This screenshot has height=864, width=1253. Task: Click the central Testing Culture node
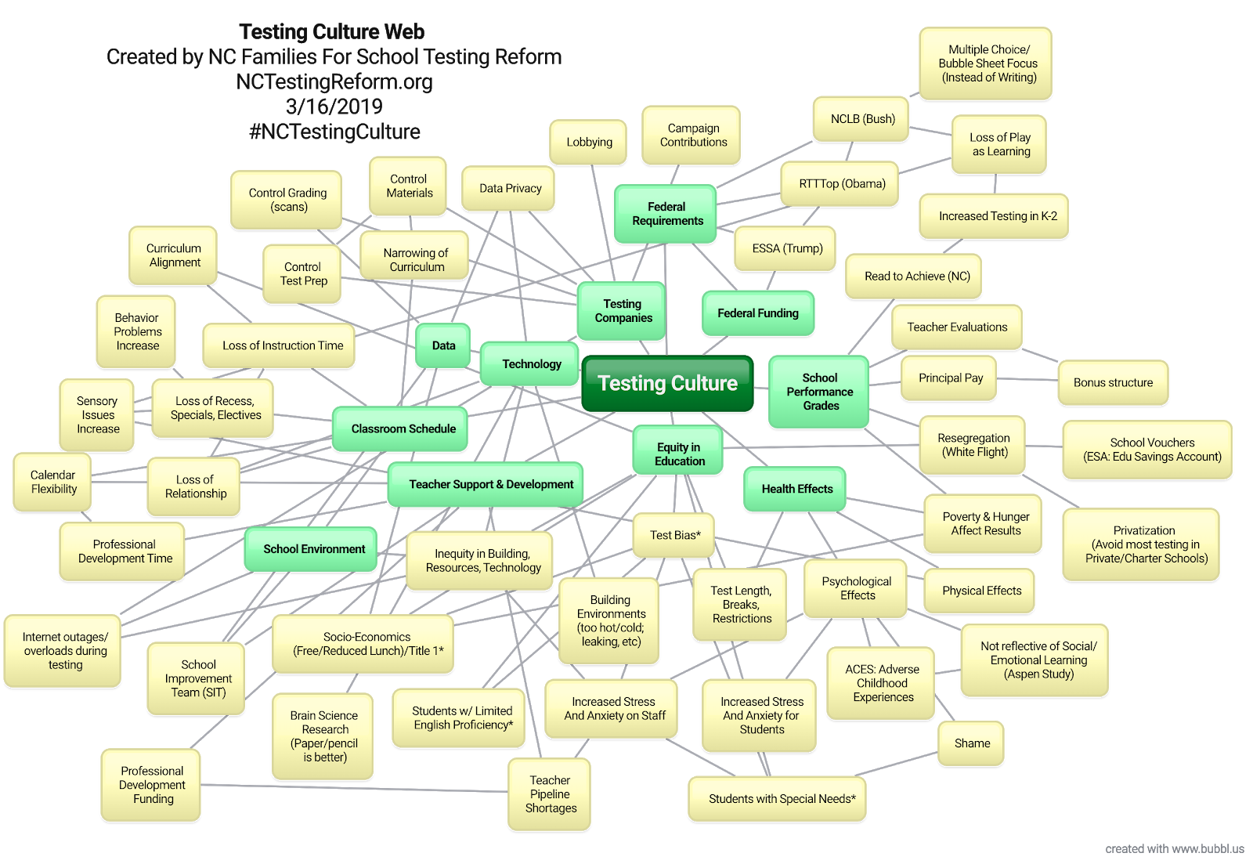point(667,383)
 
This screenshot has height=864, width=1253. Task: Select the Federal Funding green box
point(758,313)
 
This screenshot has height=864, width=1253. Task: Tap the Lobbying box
point(589,142)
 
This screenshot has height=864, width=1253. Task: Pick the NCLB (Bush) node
point(862,119)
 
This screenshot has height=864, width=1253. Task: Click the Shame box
point(972,743)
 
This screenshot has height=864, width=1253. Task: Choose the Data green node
point(443,345)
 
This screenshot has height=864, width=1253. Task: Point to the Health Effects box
point(796,489)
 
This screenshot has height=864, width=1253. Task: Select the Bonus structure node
point(1113,383)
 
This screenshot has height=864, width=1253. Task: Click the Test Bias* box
point(674,535)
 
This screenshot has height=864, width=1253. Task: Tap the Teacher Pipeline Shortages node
point(551,794)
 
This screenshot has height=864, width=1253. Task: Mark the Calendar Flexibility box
point(53,482)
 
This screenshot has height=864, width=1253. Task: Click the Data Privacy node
point(510,189)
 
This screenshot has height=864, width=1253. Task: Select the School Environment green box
point(314,549)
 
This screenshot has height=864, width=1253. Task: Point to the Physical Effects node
point(981,591)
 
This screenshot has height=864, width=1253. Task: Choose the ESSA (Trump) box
point(787,248)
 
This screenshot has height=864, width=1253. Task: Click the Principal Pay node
point(950,378)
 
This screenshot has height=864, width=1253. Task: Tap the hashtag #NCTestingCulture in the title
point(334,132)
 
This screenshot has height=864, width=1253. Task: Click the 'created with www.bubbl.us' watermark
point(1174,848)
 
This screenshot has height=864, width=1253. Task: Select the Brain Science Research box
point(323,736)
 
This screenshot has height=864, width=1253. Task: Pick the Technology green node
point(532,364)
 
